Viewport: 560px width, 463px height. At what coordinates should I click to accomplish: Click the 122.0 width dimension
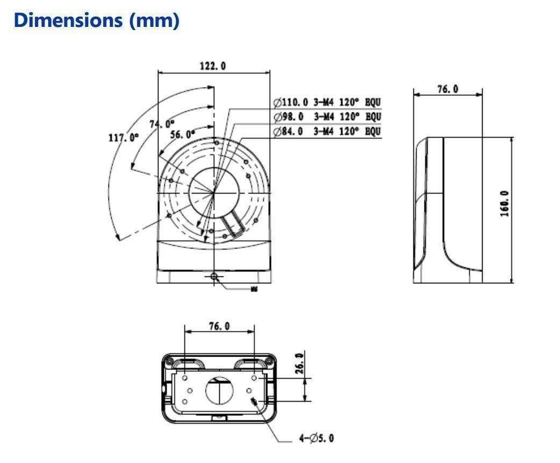213,66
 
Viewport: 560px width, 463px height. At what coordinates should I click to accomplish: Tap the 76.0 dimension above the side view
447,89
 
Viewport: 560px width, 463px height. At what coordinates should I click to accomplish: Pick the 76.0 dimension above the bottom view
219,326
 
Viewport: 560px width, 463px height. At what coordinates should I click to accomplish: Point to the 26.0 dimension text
299,362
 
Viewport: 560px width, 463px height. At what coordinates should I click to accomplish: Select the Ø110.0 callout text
290,102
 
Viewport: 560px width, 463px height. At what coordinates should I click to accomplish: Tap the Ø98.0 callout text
289,117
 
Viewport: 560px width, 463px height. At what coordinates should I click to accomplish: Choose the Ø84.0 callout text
289,131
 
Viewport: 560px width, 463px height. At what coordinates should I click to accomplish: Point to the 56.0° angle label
183,134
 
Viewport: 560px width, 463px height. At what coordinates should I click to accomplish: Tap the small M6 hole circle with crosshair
214,276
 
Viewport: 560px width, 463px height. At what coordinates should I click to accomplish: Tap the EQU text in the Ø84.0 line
374,131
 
